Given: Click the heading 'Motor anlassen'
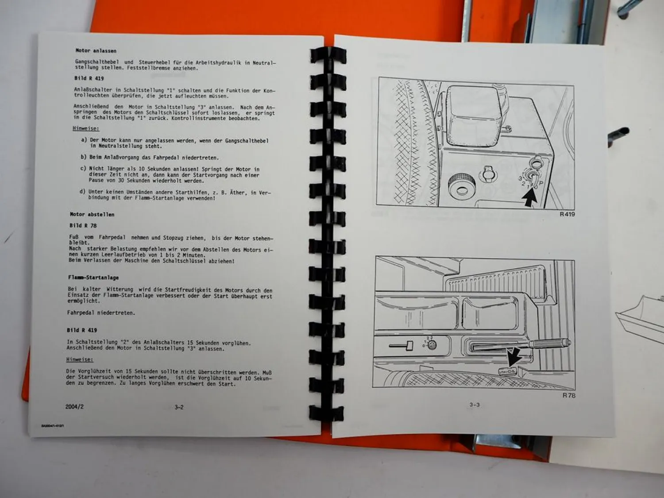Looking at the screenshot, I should pyautogui.click(x=96, y=51).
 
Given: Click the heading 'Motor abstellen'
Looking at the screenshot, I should pyautogui.click(x=92, y=215).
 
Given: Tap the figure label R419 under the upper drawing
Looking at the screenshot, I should pyautogui.click(x=567, y=214).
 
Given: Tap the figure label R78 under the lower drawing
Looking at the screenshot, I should pyautogui.click(x=569, y=395).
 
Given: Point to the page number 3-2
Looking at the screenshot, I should pyautogui.click(x=179, y=407).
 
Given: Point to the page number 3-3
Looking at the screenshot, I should pyautogui.click(x=474, y=405).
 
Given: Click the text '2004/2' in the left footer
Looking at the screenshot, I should pyautogui.click(x=74, y=407).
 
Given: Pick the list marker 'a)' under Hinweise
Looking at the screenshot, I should pyautogui.click(x=84, y=140).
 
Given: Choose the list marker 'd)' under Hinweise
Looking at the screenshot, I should pyautogui.click(x=82, y=192).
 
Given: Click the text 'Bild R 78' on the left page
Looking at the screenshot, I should pyautogui.click(x=83, y=226).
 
